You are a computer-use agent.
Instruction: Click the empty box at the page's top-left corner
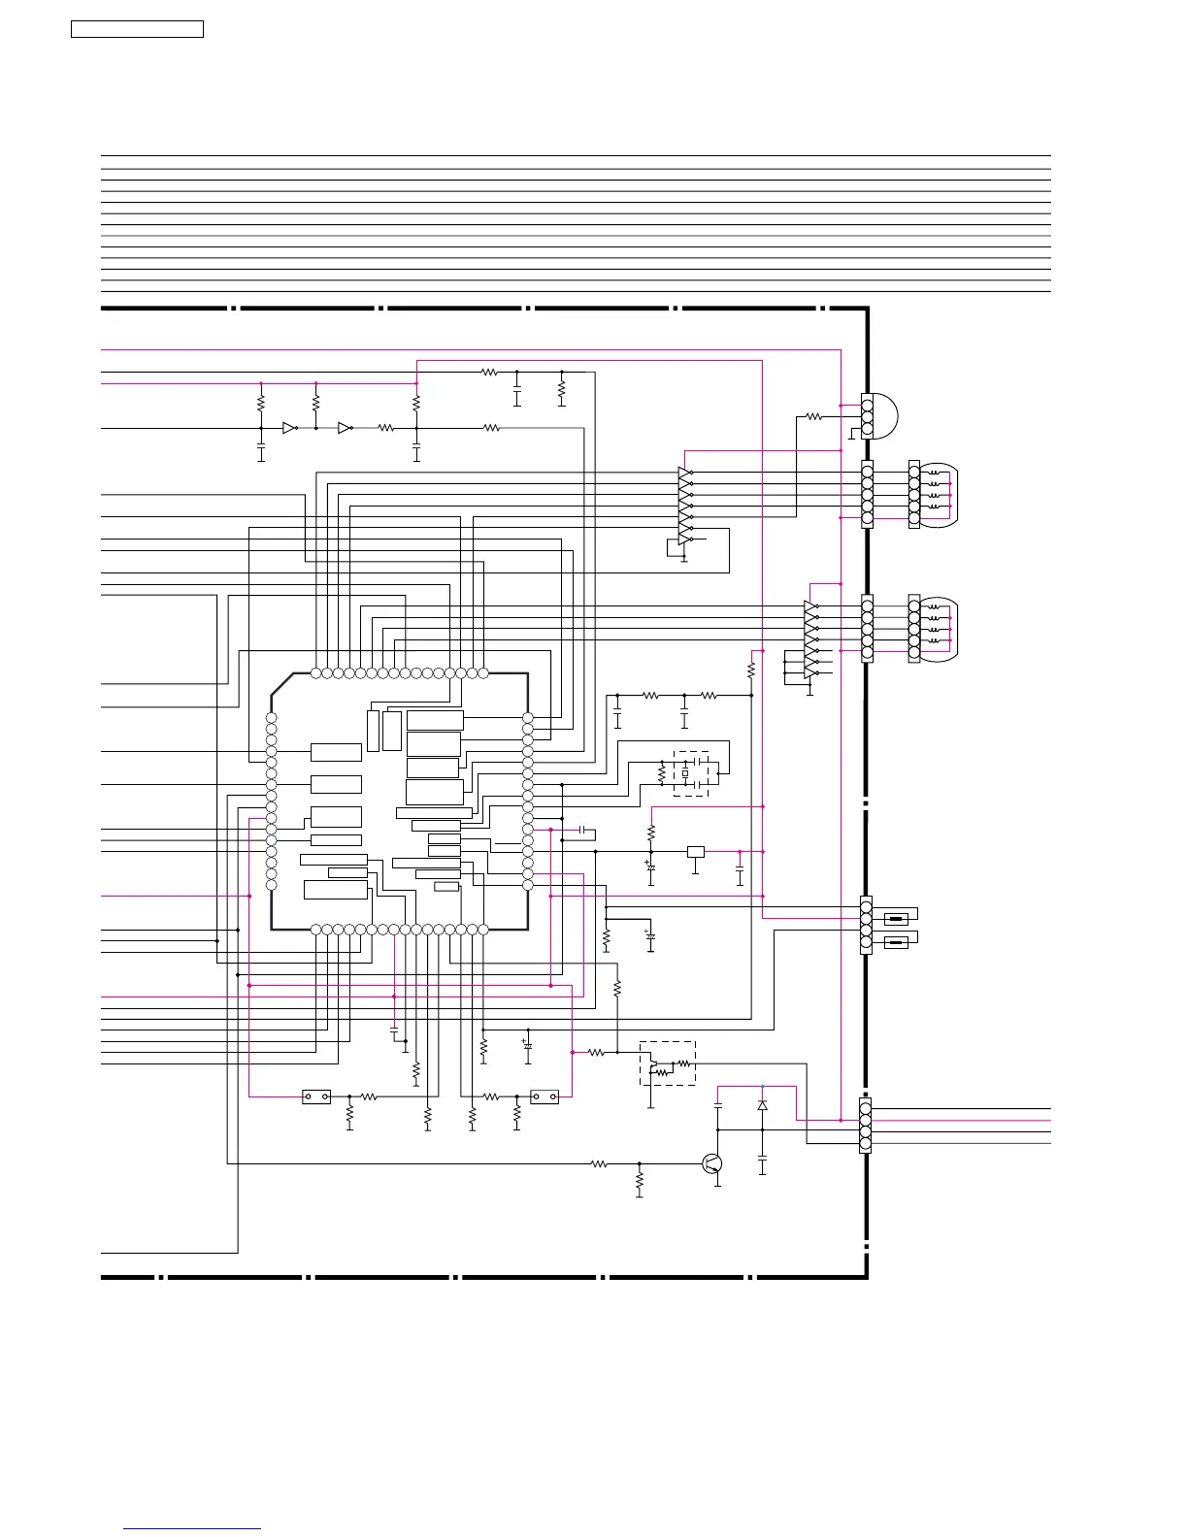137,29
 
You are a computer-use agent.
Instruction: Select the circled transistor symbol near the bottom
712,1163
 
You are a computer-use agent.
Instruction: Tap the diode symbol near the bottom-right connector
762,1105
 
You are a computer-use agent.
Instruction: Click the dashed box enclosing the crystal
691,773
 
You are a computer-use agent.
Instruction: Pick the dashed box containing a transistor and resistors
668,1063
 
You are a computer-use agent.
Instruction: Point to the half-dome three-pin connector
879,416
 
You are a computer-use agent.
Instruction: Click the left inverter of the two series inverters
289,428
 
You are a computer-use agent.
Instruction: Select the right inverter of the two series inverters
345,428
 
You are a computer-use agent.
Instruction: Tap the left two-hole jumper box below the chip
316,1097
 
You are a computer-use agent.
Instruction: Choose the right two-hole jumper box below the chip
544,1097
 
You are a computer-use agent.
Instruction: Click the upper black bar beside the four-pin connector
897,918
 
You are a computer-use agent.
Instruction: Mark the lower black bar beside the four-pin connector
897,941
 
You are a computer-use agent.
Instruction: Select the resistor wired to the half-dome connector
813,416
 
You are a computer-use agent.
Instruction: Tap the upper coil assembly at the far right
936,495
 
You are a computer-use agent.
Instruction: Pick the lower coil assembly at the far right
936,629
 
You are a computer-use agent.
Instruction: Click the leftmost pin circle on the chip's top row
315,672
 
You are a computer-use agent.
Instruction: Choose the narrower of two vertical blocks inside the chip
374,730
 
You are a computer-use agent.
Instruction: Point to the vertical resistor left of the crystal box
662,774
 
